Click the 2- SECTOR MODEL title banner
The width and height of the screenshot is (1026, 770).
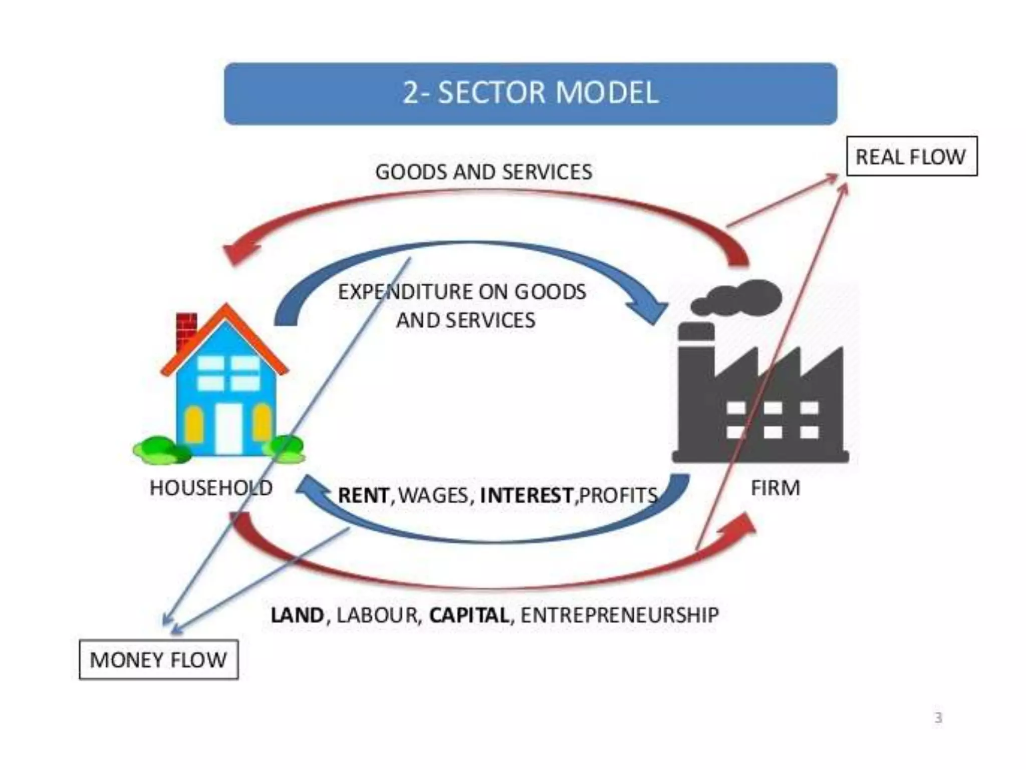pos(530,93)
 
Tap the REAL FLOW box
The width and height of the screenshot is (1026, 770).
pos(911,156)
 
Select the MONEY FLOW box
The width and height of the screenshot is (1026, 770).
pos(158,660)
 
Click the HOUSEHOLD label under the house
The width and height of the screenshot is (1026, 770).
pos(211,488)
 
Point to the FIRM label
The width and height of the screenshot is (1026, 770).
pos(775,488)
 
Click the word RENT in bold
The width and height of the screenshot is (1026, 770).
pos(363,495)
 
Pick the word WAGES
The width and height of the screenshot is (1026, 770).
pos(433,495)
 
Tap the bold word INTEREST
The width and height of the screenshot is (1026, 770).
pos(526,495)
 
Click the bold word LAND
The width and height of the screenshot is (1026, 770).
pos(297,615)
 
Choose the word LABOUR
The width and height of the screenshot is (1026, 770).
pos(377,615)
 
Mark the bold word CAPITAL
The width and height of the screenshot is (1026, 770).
pos(469,615)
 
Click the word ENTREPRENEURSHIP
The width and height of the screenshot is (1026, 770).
pos(620,615)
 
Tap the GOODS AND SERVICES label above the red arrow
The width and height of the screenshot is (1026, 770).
pos(483,172)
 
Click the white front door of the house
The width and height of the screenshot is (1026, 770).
pos(229,429)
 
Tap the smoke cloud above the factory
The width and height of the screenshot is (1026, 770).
pos(739,297)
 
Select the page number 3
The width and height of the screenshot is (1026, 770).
pos(938,718)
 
